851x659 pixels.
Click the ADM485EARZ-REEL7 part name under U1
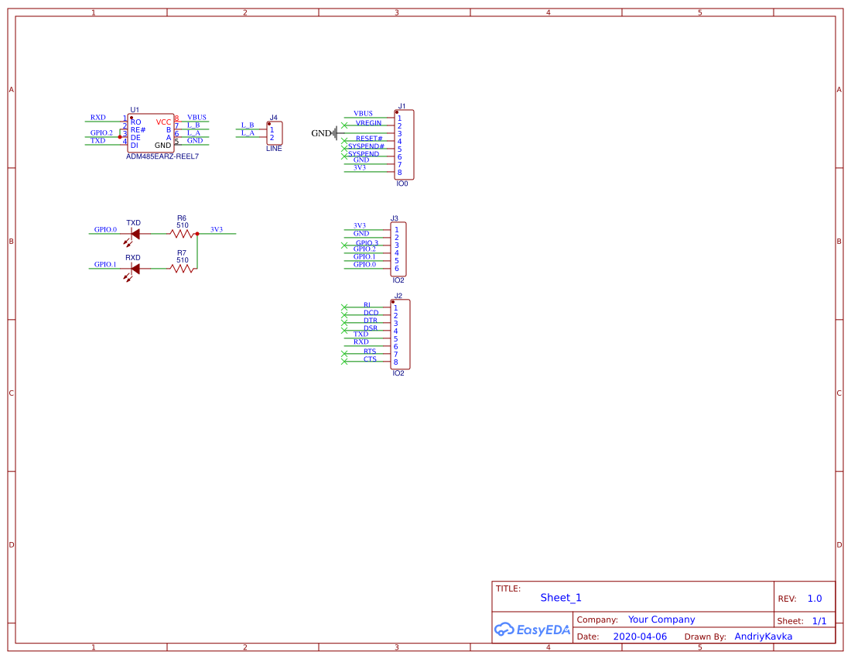162,156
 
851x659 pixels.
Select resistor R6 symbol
182,233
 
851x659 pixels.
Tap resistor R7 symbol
182,269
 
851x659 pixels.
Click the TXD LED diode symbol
135,233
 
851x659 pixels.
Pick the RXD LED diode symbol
135,269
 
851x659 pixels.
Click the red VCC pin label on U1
163,122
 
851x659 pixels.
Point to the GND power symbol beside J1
334,133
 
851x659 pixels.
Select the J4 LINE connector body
275,133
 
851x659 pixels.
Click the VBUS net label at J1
363,114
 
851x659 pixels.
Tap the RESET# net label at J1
369,139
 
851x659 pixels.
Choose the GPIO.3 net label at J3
367,243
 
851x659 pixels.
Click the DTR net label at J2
371,321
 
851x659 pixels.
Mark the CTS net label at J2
370,359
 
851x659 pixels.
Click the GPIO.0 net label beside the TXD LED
105,230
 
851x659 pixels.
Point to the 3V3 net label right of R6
217,230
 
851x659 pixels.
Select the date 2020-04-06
640,637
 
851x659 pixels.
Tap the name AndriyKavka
763,637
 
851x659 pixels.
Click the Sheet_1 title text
561,597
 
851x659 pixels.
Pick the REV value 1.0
814,599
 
